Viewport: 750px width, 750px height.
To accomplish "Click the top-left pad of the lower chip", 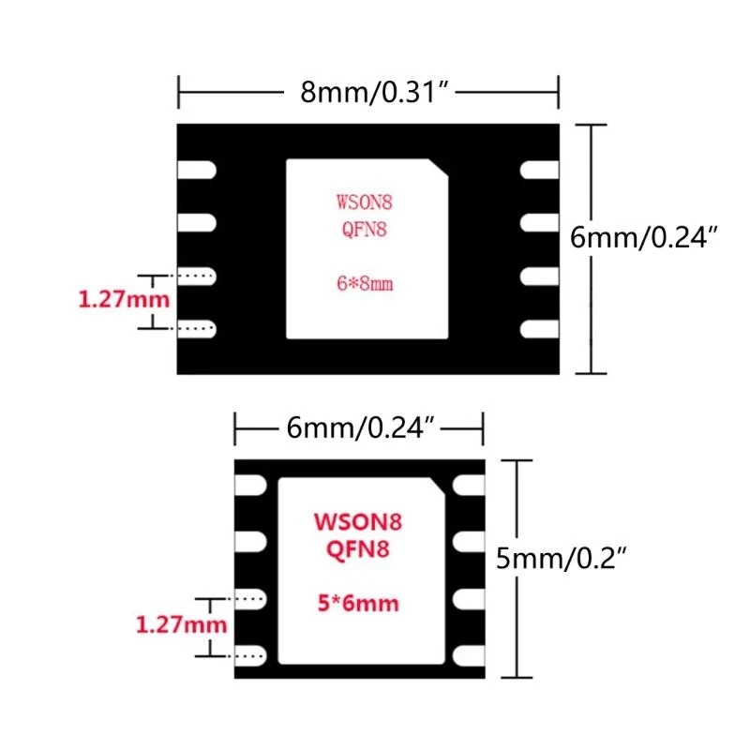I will (x=251, y=486).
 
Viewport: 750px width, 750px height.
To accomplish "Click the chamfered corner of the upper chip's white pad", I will (x=439, y=168).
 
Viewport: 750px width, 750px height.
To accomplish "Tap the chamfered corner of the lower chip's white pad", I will (x=438, y=485).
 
